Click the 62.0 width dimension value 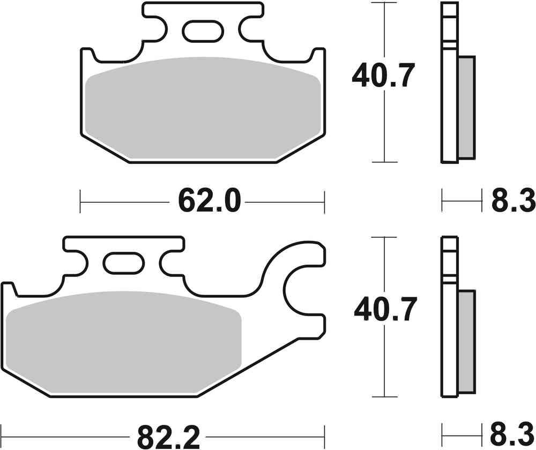[x=202, y=202]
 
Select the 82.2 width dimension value [x=168, y=437]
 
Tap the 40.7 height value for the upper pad [x=383, y=76]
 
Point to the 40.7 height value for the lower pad [x=385, y=311]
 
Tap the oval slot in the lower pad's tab [x=123, y=264]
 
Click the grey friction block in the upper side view [x=466, y=107]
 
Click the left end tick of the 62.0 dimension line [x=80, y=202]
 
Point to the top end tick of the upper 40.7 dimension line [x=385, y=3]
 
